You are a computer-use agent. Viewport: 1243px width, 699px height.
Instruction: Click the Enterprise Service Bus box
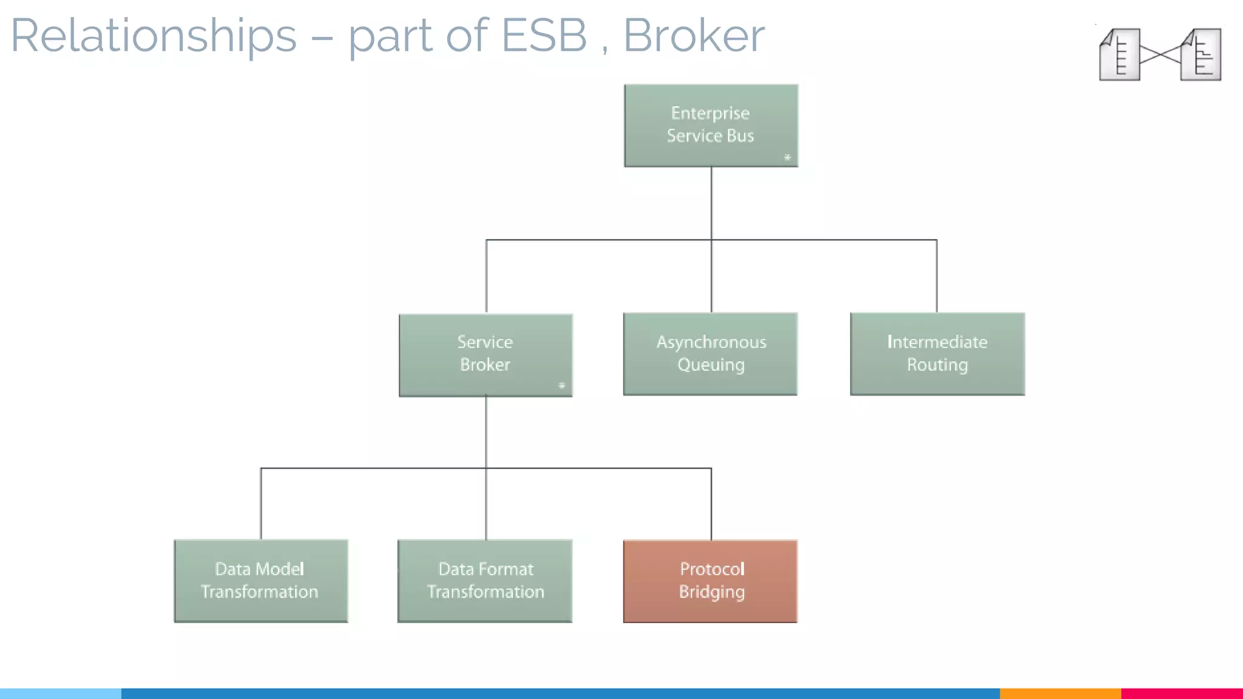coord(711,125)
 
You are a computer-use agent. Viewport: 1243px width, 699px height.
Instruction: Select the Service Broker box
coord(485,354)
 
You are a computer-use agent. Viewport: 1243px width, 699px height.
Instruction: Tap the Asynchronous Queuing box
coord(710,354)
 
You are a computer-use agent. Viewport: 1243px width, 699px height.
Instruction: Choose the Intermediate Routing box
coord(937,354)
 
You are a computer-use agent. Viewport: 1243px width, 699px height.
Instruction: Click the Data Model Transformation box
coord(260,581)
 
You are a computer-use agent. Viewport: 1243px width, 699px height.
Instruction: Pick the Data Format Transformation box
coord(485,581)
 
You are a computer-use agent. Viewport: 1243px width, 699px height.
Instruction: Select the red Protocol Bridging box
coord(710,581)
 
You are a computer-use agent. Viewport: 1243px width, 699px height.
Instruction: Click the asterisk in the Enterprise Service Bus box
coord(787,158)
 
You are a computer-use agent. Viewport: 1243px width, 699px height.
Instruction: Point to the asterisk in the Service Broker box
coord(561,386)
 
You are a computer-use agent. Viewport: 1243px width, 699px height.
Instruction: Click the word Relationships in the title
coord(154,36)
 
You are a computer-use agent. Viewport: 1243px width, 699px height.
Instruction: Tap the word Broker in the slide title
coord(694,36)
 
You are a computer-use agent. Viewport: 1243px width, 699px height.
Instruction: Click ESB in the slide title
coord(544,36)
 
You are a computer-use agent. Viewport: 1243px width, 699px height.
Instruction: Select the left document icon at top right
coord(1120,55)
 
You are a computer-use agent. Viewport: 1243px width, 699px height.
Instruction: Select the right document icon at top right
coord(1201,55)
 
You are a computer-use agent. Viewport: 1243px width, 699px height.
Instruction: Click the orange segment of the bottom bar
coord(1060,693)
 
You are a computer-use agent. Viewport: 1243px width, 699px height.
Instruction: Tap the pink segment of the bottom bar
coord(1182,693)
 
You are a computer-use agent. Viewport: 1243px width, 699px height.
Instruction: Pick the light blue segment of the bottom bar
coord(61,693)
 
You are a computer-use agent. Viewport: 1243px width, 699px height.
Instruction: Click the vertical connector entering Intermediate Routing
coord(936,277)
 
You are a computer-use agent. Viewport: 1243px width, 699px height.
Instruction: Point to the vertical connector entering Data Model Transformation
coord(261,504)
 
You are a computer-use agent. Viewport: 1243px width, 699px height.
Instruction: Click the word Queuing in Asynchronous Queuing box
coord(711,365)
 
